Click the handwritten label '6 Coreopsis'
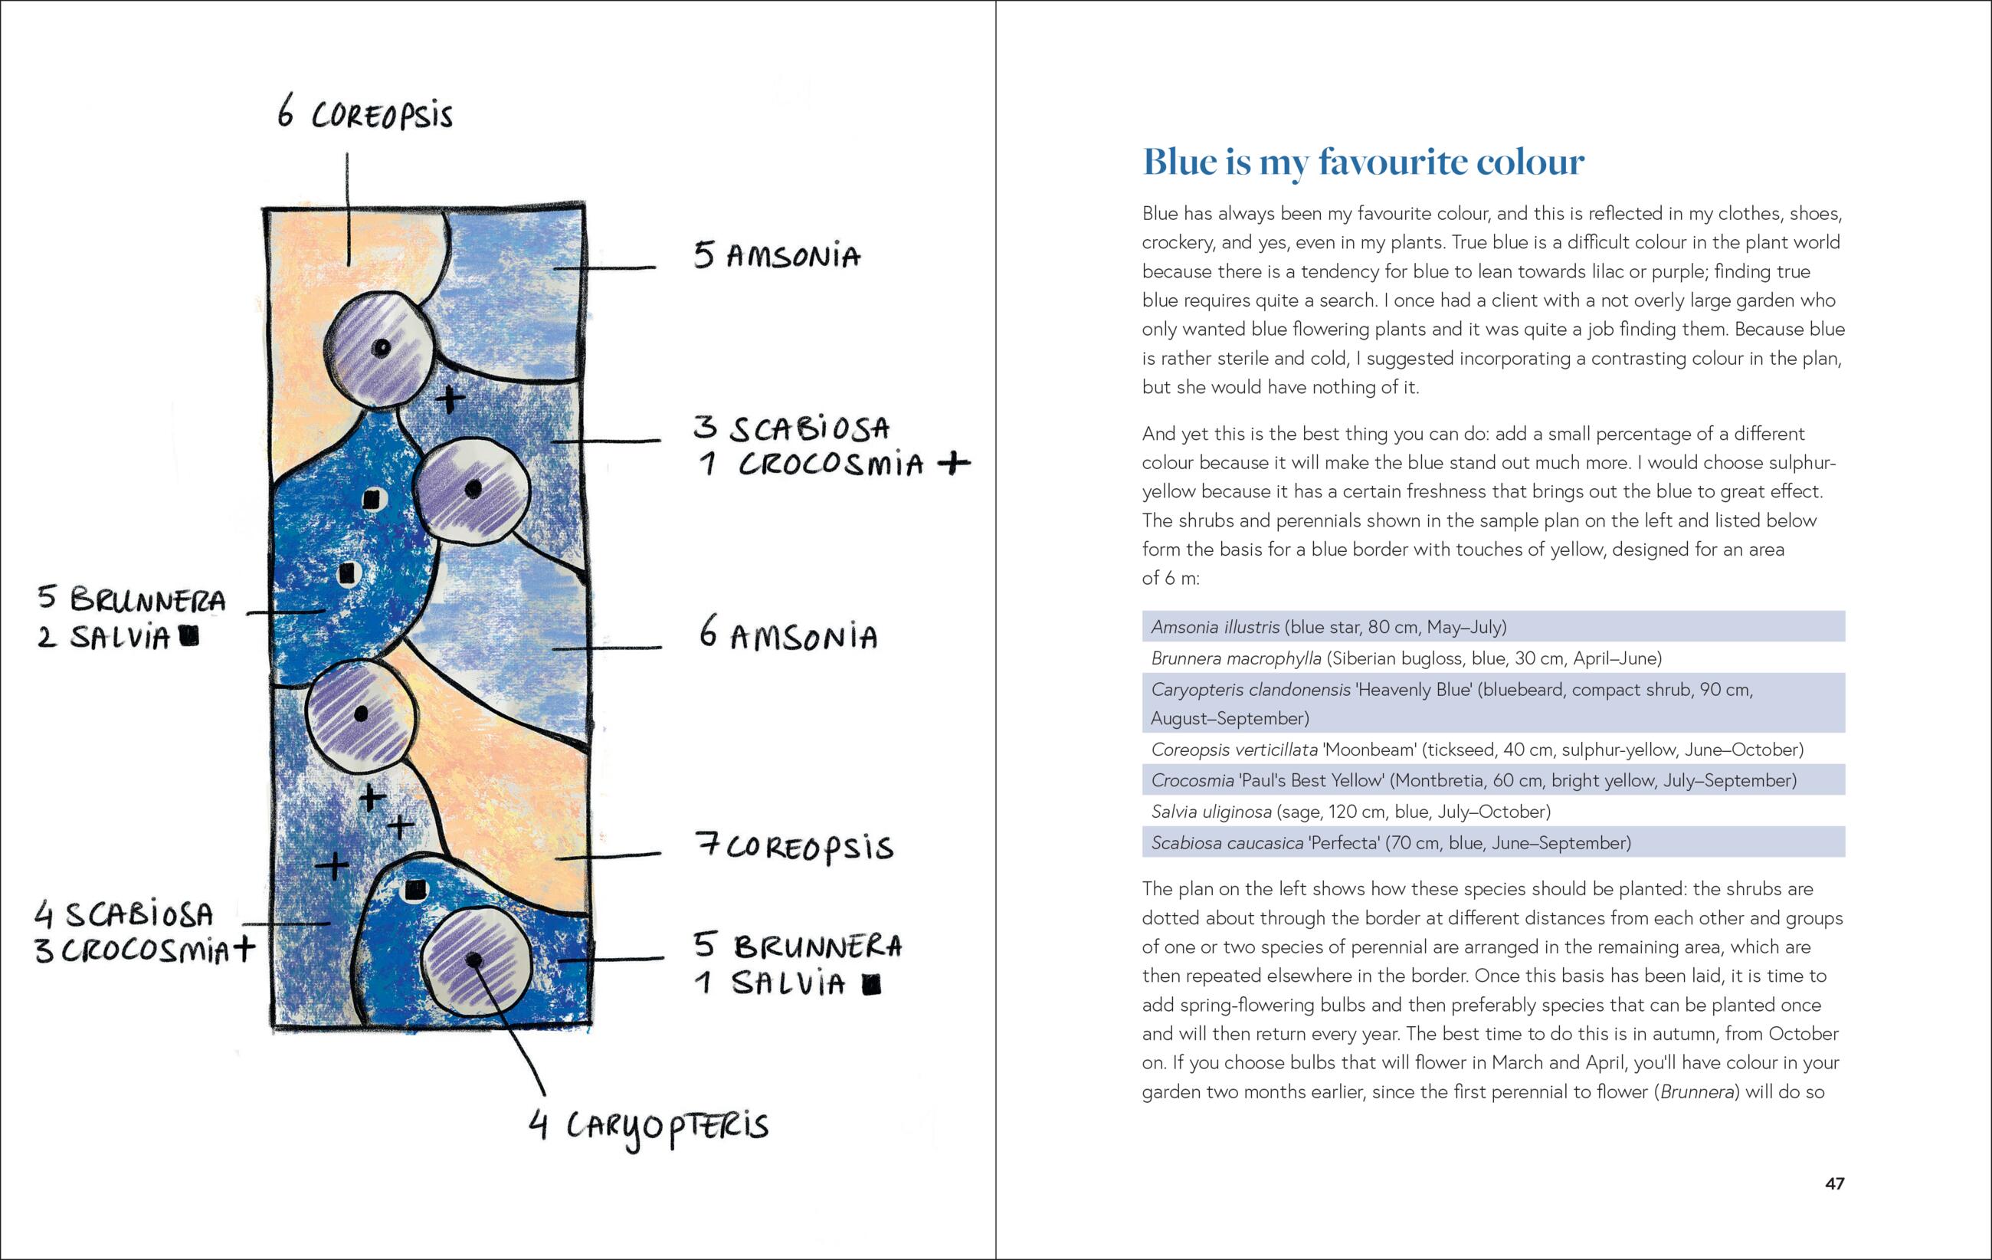[x=365, y=113]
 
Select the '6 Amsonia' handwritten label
[x=788, y=635]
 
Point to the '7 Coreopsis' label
[x=795, y=846]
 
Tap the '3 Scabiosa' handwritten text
[x=791, y=428]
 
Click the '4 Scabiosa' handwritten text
[x=124, y=914]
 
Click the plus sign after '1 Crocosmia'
[x=954, y=462]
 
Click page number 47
[x=1834, y=1183]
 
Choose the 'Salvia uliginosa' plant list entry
[x=1350, y=812]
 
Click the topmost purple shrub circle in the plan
[x=379, y=348]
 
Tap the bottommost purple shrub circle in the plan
[x=475, y=960]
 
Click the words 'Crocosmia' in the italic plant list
[x=1192, y=780]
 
